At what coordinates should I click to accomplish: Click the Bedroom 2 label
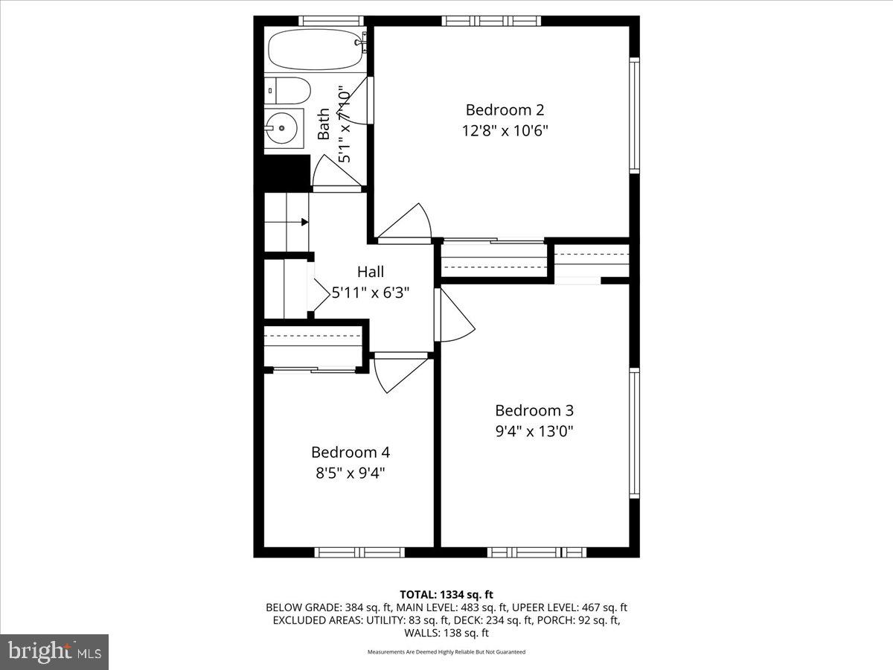[x=505, y=110]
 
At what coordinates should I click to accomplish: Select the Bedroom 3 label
[x=534, y=410]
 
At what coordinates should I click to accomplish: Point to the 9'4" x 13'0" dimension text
[x=534, y=430]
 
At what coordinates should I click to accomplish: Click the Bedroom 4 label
[x=350, y=452]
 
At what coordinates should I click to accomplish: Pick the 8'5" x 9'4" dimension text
[x=350, y=472]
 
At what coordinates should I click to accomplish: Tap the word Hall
[x=371, y=272]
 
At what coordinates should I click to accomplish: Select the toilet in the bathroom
[x=289, y=90]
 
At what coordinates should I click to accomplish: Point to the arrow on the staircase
[x=304, y=222]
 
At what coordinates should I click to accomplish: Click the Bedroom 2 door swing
[x=406, y=223]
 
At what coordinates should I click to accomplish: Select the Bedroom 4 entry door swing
[x=398, y=372]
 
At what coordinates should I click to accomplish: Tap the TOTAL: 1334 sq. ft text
[x=446, y=594]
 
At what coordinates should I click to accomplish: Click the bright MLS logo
[x=54, y=651]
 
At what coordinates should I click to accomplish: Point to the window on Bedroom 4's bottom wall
[x=359, y=552]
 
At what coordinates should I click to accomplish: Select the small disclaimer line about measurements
[x=446, y=651]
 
